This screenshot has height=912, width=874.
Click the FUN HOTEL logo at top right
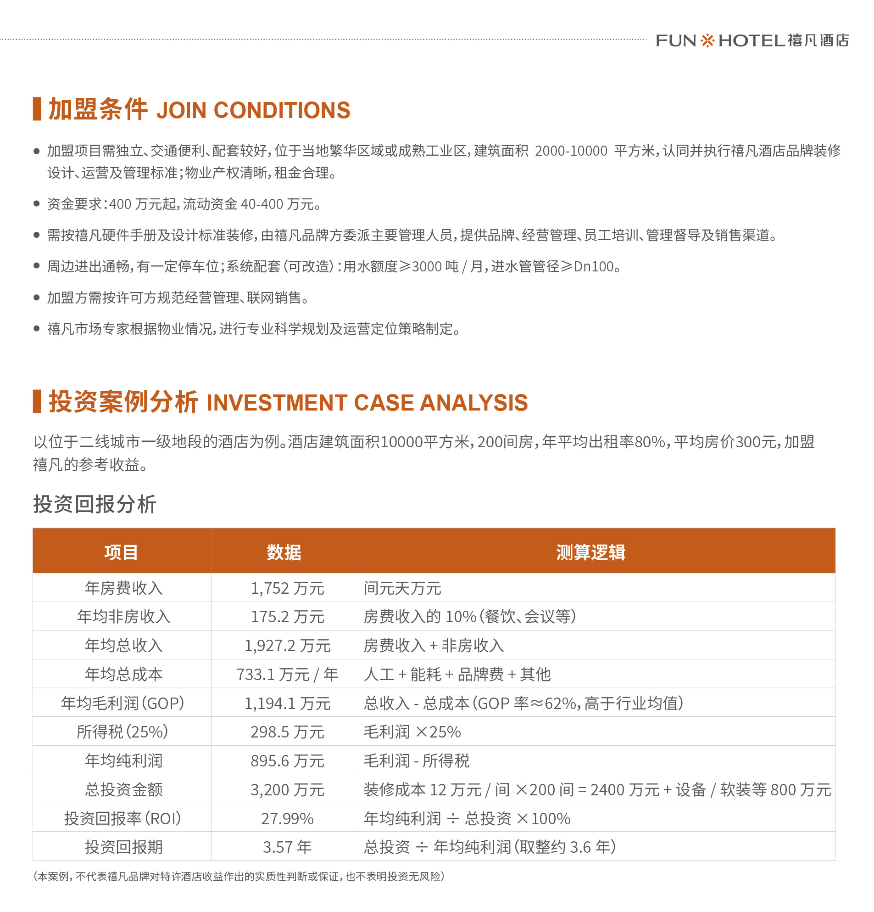[752, 40]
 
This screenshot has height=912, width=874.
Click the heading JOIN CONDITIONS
[253, 110]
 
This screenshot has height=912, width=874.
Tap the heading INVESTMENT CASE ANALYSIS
[367, 402]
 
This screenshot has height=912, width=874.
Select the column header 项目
[121, 552]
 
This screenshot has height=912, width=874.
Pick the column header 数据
[284, 552]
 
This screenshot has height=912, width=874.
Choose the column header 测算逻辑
[590, 552]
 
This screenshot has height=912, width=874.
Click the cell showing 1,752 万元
[287, 589]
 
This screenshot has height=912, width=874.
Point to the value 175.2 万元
[287, 617]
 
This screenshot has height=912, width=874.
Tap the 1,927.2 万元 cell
[287, 646]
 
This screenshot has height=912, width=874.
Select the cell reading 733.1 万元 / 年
[287, 675]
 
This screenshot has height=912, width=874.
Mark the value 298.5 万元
[287, 732]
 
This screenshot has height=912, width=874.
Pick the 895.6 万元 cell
[287, 761]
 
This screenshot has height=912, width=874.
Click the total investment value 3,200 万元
[287, 790]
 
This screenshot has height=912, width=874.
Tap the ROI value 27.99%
[287, 819]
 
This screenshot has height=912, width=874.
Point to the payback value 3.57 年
[287, 847]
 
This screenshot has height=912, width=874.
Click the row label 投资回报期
[124, 847]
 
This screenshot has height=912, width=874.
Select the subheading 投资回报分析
[95, 504]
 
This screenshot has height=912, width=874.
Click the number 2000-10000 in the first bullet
[571, 151]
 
